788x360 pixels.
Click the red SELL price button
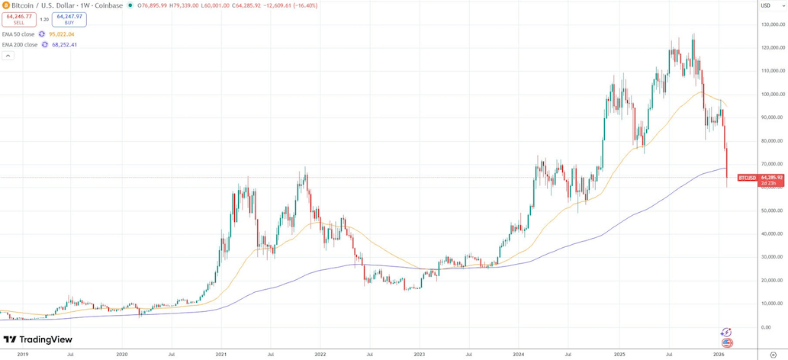[19, 19]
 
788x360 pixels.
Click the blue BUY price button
[69, 19]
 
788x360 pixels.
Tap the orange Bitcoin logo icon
[6, 5]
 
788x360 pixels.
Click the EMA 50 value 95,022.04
[62, 34]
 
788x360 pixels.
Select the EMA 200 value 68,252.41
[65, 45]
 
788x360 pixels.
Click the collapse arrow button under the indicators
[8, 56]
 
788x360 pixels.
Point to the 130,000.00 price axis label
[773, 24]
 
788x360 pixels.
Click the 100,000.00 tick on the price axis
[773, 95]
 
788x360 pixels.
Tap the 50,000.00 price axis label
[772, 211]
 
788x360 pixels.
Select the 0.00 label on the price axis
[766, 327]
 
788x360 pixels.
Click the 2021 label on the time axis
[221, 355]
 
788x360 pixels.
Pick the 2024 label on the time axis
[519, 355]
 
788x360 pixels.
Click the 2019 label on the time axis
[23, 355]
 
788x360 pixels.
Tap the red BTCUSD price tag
[748, 178]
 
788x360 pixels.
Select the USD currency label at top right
[766, 5]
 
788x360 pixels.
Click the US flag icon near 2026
[727, 343]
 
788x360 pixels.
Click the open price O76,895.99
[153, 5]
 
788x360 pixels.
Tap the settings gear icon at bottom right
[774, 355]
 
